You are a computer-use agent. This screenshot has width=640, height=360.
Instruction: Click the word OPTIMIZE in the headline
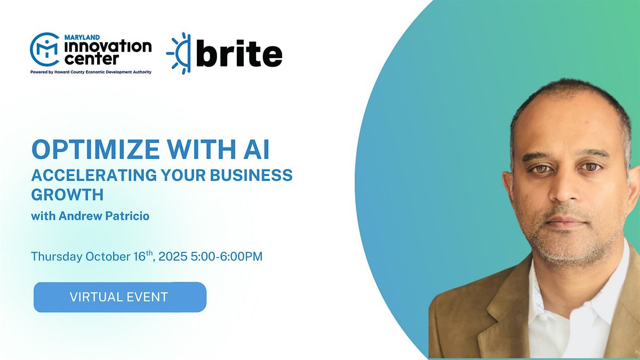[x=95, y=149]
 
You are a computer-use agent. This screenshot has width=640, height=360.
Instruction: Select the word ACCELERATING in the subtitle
[x=94, y=175]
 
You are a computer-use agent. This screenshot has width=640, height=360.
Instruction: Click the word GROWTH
[x=67, y=195]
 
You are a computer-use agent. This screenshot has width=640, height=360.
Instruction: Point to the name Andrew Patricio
[x=104, y=215]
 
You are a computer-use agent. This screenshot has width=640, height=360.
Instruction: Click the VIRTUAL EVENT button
[x=120, y=297]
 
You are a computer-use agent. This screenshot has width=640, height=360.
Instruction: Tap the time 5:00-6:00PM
[x=227, y=257]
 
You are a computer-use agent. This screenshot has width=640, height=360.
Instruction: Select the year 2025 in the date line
[x=173, y=257]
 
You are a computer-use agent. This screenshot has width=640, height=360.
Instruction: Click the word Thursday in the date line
[x=57, y=257]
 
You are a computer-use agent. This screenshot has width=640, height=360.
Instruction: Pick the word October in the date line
[x=108, y=257]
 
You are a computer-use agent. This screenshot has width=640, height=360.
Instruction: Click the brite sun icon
[x=179, y=53]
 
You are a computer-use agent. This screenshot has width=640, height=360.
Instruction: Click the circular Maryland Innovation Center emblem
[x=45, y=49]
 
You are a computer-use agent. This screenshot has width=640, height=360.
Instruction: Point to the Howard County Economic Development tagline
[x=91, y=72]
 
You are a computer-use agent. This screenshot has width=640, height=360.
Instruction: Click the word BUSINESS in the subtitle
[x=251, y=175]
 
